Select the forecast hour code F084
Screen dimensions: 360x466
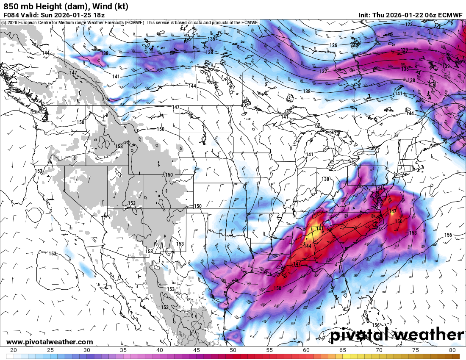point(11,15)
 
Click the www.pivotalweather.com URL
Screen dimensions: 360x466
point(50,342)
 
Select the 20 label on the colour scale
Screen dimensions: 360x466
point(14,350)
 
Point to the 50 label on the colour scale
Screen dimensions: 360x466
point(233,350)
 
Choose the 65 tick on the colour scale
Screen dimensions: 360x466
point(343,350)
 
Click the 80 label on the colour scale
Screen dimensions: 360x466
point(452,350)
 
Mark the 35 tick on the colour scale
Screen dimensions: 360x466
point(123,350)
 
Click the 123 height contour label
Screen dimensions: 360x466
point(408,25)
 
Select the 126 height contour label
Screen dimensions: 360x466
point(333,45)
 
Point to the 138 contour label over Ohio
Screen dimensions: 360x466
point(325,179)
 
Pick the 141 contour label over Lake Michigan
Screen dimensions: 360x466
point(310,155)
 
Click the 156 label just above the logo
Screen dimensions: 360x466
point(375,325)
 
